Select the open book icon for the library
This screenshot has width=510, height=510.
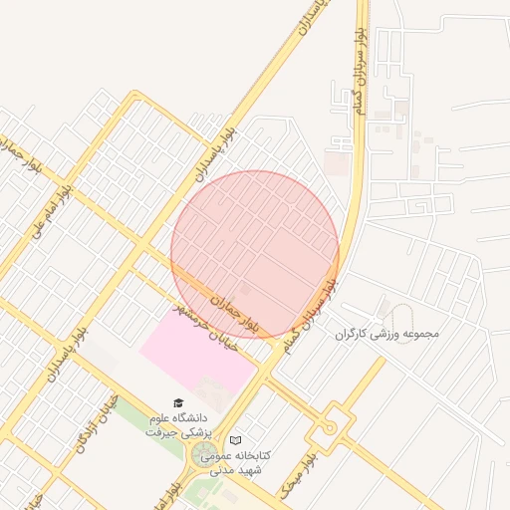[x=235, y=439]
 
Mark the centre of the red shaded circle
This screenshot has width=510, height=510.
[x=255, y=254]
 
